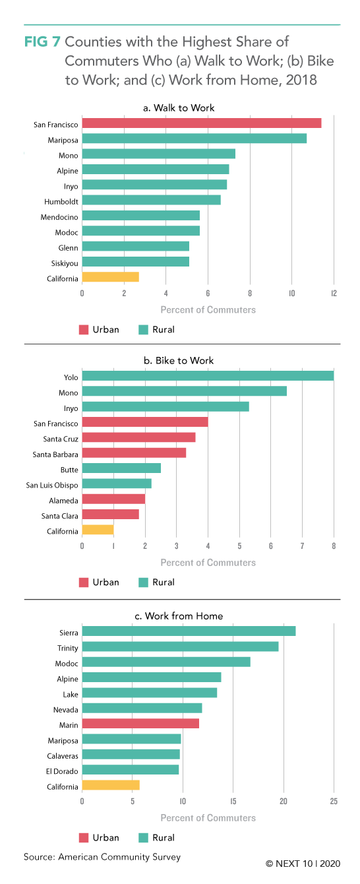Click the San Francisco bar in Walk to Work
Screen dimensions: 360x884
coord(202,123)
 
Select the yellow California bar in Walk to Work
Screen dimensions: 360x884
coord(110,277)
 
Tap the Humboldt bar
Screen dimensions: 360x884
coord(152,200)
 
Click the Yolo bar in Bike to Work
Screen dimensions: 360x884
coord(208,376)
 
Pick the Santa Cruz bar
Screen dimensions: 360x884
coord(139,437)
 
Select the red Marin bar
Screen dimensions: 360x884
coord(140,724)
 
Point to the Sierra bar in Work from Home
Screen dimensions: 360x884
coord(189,631)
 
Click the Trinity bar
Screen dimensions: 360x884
coord(180,647)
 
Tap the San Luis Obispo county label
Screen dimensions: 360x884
coord(52,486)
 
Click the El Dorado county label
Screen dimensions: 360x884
coord(62,771)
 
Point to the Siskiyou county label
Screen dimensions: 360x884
coord(65,264)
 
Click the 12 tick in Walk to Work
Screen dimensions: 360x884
coord(334,293)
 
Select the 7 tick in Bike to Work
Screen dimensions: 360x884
coord(303,546)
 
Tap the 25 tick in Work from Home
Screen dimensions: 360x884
coord(334,801)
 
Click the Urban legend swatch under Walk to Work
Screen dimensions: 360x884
coord(84,330)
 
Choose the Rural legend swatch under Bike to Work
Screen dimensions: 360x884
coord(144,582)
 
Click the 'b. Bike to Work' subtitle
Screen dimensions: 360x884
coord(179,360)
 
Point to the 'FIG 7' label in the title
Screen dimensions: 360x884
coord(42,42)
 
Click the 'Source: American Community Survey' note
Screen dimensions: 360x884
coord(102,857)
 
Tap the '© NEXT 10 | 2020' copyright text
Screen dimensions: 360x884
coord(303,864)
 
